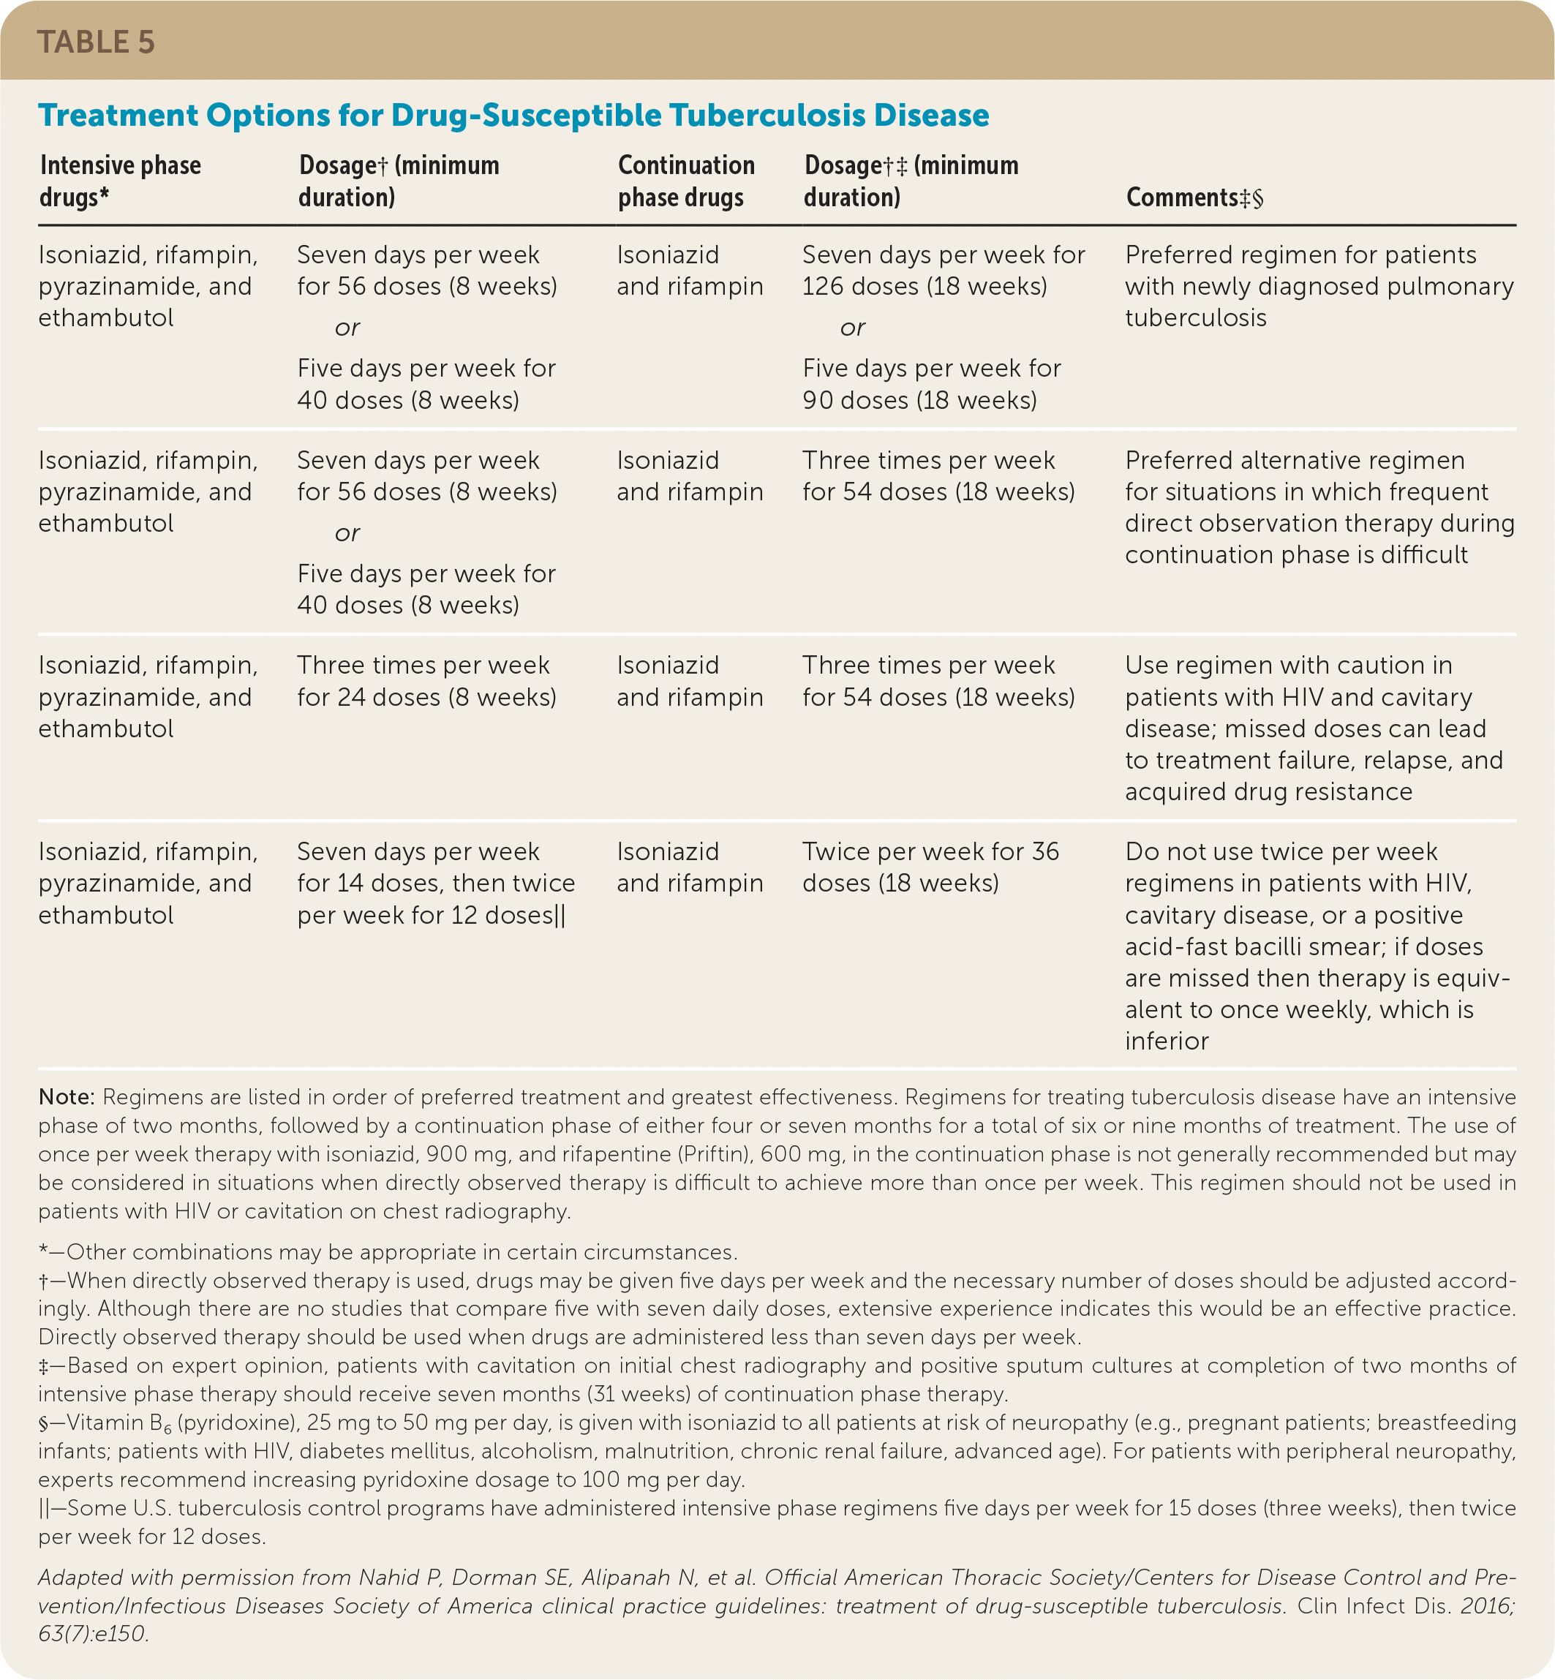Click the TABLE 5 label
pyautogui.click(x=96, y=42)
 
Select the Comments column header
pyautogui.click(x=1194, y=197)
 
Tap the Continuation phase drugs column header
pyautogui.click(x=686, y=181)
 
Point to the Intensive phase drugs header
pyautogui.click(x=121, y=181)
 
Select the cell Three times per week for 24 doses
pyautogui.click(x=426, y=682)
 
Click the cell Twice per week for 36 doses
pyautogui.click(x=930, y=867)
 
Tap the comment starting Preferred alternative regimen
pyautogui.click(x=1319, y=508)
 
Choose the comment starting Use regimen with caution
pyautogui.click(x=1313, y=728)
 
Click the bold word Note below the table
pyautogui.click(x=66, y=1098)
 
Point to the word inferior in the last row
pyautogui.click(x=1166, y=1041)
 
